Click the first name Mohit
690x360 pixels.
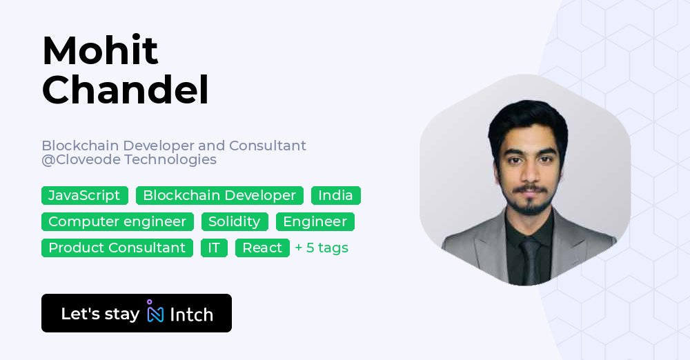100,50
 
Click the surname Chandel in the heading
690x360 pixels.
125,90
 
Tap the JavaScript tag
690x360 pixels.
84,196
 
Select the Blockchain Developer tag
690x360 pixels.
219,196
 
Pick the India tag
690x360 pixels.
335,196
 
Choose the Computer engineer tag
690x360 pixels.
117,222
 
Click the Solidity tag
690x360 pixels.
235,222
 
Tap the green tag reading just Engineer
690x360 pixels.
315,222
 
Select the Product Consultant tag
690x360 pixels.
117,248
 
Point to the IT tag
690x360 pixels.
214,248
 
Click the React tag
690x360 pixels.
262,248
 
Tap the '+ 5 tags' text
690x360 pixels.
322,248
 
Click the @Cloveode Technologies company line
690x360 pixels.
129,160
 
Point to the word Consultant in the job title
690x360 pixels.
268,146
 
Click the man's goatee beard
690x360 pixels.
529,206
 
